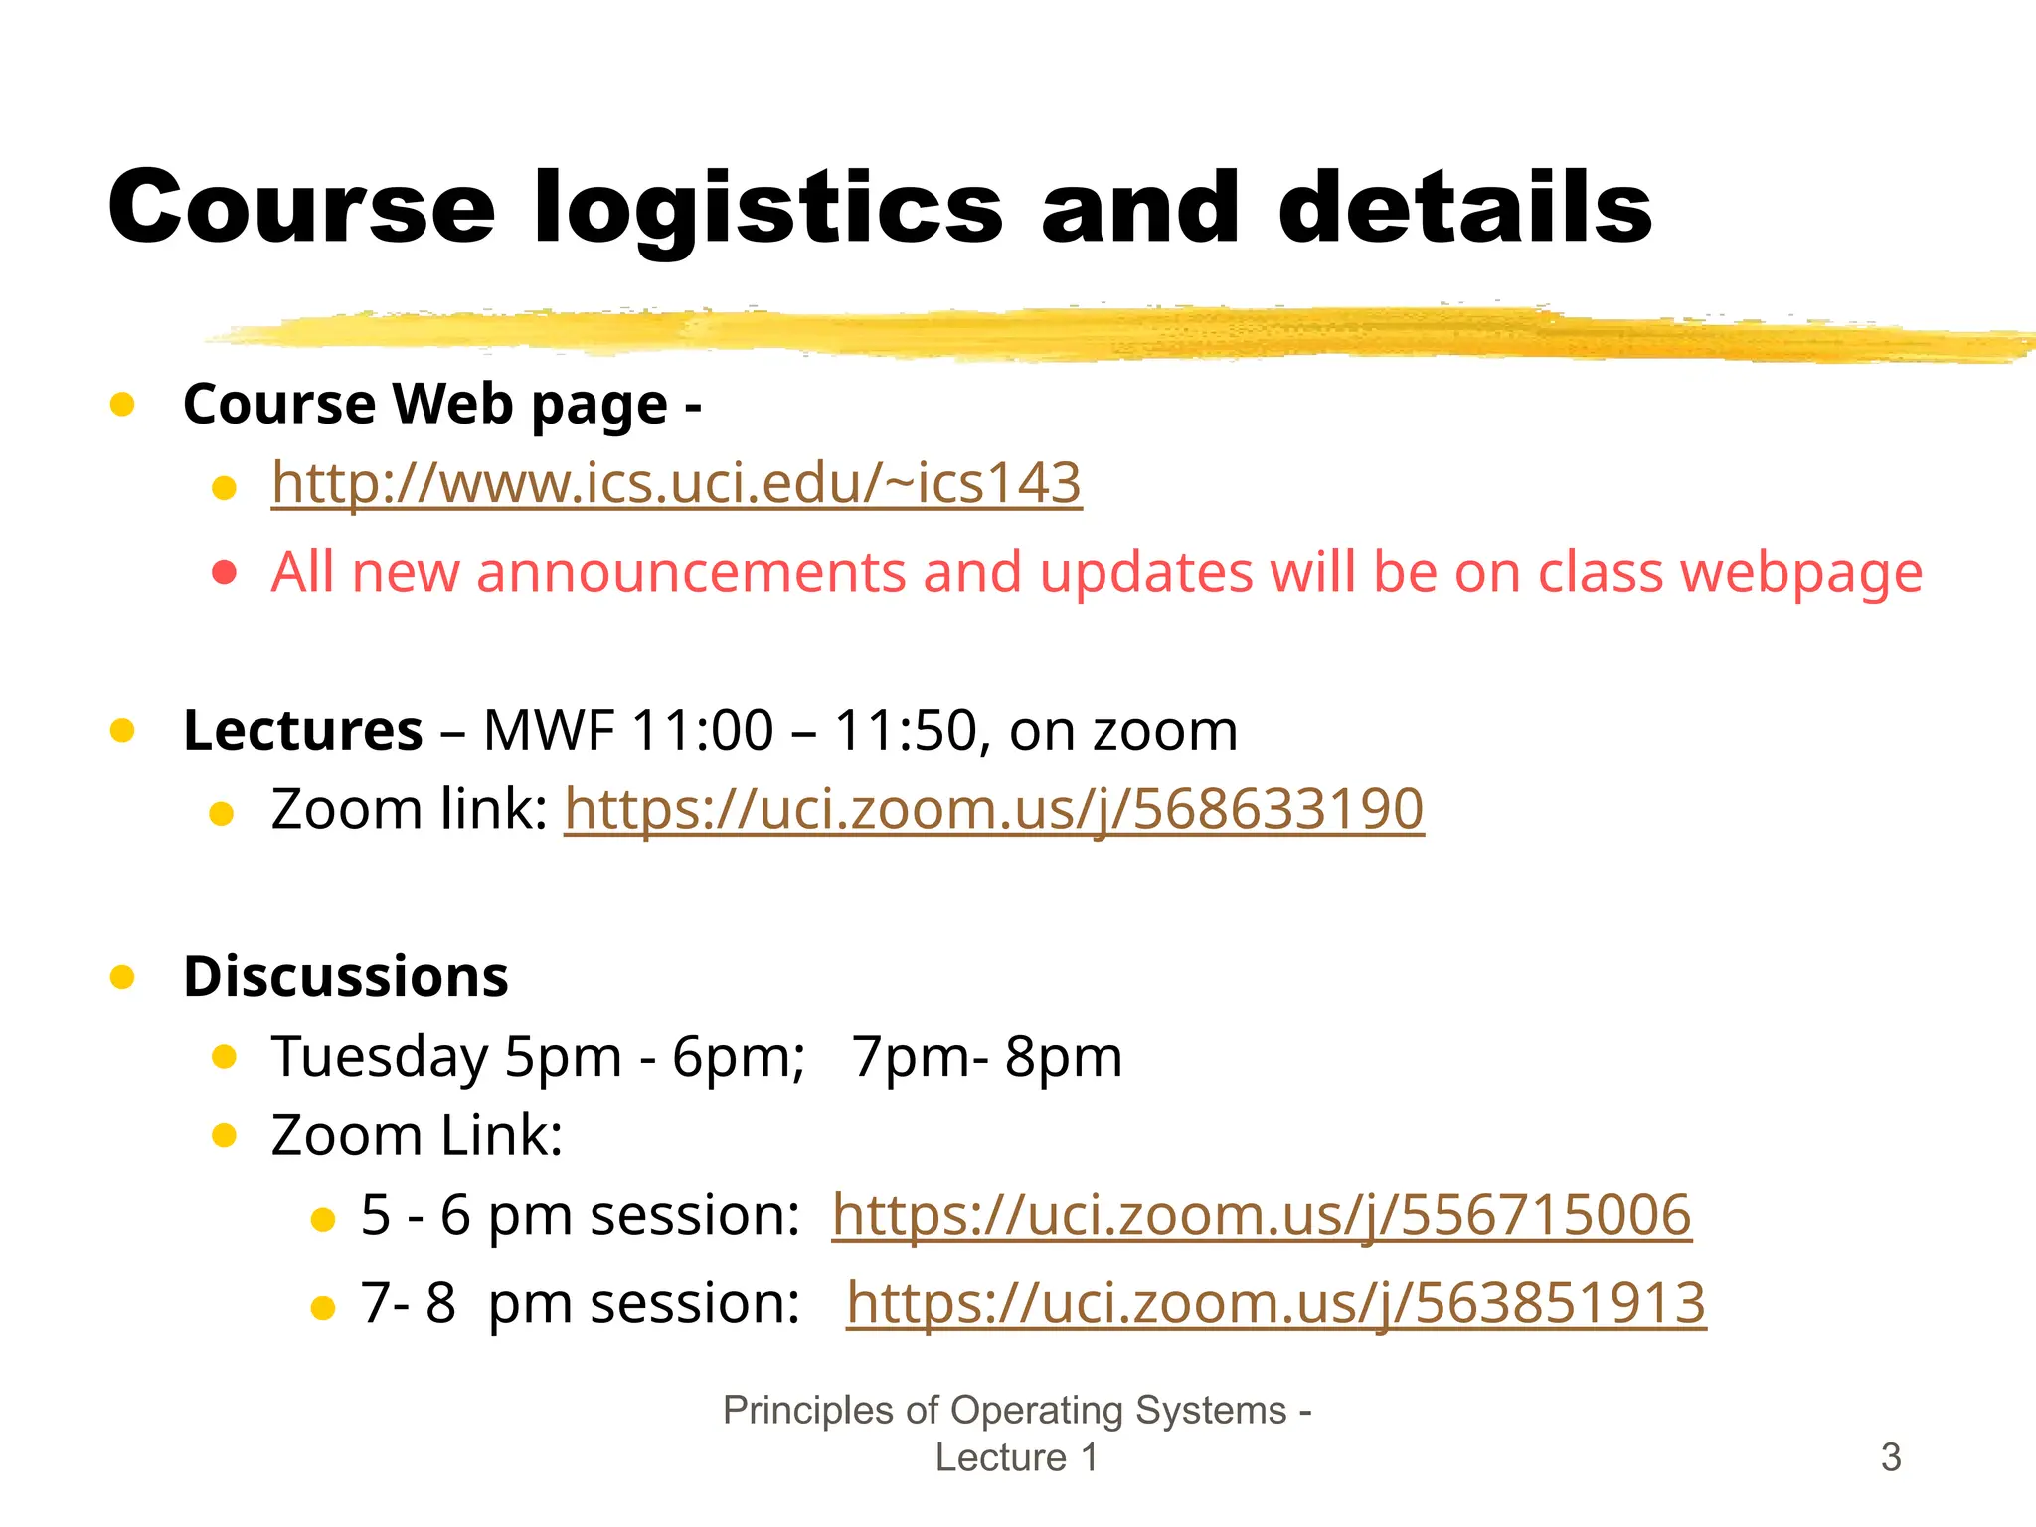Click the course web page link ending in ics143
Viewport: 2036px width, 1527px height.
pyautogui.click(x=676, y=484)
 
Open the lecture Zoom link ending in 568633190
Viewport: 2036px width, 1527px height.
pyautogui.click(x=994, y=809)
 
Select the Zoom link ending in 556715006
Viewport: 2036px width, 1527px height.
pyautogui.click(x=1262, y=1215)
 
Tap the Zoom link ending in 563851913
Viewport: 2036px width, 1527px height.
pyautogui.click(x=1276, y=1303)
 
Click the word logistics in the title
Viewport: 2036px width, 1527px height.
pyautogui.click(x=768, y=209)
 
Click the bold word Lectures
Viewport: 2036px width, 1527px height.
pyautogui.click(x=303, y=731)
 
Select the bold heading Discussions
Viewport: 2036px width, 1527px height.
pyautogui.click(x=346, y=976)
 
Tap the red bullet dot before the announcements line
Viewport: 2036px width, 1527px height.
pyautogui.click(x=225, y=573)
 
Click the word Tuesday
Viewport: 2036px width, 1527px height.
pyautogui.click(x=380, y=1056)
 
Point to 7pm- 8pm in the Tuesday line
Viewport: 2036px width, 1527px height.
pyautogui.click(x=987, y=1056)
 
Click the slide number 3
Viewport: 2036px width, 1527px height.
pyautogui.click(x=1891, y=1457)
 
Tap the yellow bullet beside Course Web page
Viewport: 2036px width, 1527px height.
pyautogui.click(x=122, y=404)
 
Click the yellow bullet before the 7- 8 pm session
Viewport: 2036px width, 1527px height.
pyautogui.click(x=323, y=1307)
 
